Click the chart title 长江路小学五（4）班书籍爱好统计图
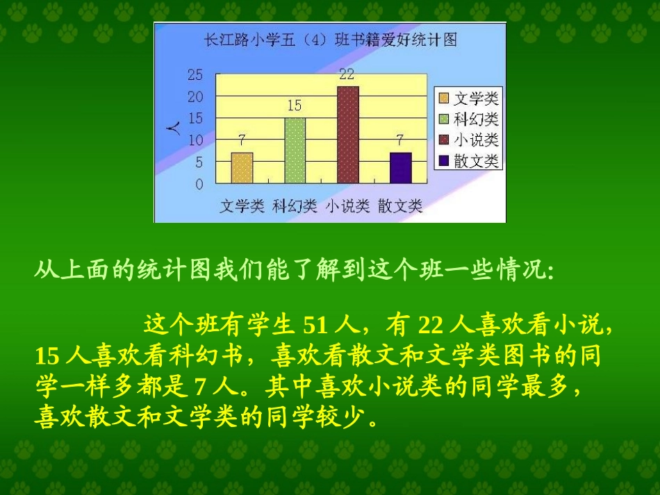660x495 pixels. point(329,41)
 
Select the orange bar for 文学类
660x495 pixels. point(242,168)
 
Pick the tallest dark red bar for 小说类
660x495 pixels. point(347,135)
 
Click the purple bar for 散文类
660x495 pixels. point(400,168)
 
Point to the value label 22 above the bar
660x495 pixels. point(347,74)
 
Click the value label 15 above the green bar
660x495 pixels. point(295,106)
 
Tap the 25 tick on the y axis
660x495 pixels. point(196,75)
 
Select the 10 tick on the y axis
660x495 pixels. point(196,140)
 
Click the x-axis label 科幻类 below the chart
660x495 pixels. point(295,206)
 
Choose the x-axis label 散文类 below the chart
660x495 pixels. point(400,206)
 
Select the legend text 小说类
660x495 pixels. point(476,140)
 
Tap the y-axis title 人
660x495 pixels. point(175,128)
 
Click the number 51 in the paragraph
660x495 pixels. point(315,326)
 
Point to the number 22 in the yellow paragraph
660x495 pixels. point(430,326)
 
